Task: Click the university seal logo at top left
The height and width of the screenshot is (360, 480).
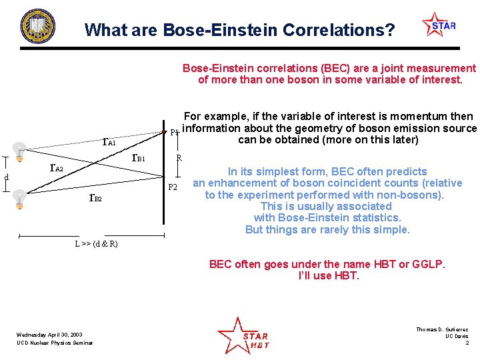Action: click(38, 27)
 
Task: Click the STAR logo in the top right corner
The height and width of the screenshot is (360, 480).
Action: click(439, 26)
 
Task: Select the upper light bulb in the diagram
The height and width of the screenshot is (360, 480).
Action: click(20, 152)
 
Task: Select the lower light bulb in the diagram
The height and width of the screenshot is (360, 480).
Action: click(20, 198)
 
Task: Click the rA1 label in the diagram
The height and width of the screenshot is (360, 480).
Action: click(109, 141)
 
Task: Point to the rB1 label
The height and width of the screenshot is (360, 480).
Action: click(139, 158)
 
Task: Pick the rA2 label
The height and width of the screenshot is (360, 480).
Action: click(57, 167)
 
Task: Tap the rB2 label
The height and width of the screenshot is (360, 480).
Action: click(95, 197)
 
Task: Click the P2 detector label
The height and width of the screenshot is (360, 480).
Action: click(173, 187)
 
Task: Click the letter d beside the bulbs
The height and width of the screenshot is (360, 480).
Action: click(6, 177)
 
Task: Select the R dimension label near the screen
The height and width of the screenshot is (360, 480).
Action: click(179, 159)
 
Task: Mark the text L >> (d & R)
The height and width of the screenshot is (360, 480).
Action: click(96, 244)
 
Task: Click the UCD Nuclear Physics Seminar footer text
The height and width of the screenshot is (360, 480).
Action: click(55, 343)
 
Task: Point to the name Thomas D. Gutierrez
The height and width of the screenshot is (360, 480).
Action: click(442, 329)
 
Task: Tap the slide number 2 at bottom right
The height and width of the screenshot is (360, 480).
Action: click(467, 343)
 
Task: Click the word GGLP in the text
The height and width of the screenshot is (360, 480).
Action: click(429, 264)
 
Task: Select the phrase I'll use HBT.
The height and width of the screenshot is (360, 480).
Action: click(328, 275)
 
